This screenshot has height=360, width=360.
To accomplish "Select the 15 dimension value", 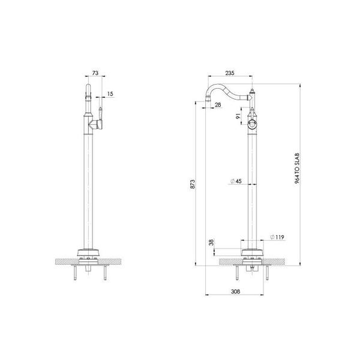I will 110,94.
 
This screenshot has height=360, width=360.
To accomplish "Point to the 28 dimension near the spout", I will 217,105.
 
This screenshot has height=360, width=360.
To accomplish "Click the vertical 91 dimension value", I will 238,116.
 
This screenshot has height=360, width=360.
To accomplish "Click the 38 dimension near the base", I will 210,244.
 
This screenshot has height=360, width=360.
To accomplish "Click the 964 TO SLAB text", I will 298,170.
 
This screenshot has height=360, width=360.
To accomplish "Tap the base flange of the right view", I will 252,253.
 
